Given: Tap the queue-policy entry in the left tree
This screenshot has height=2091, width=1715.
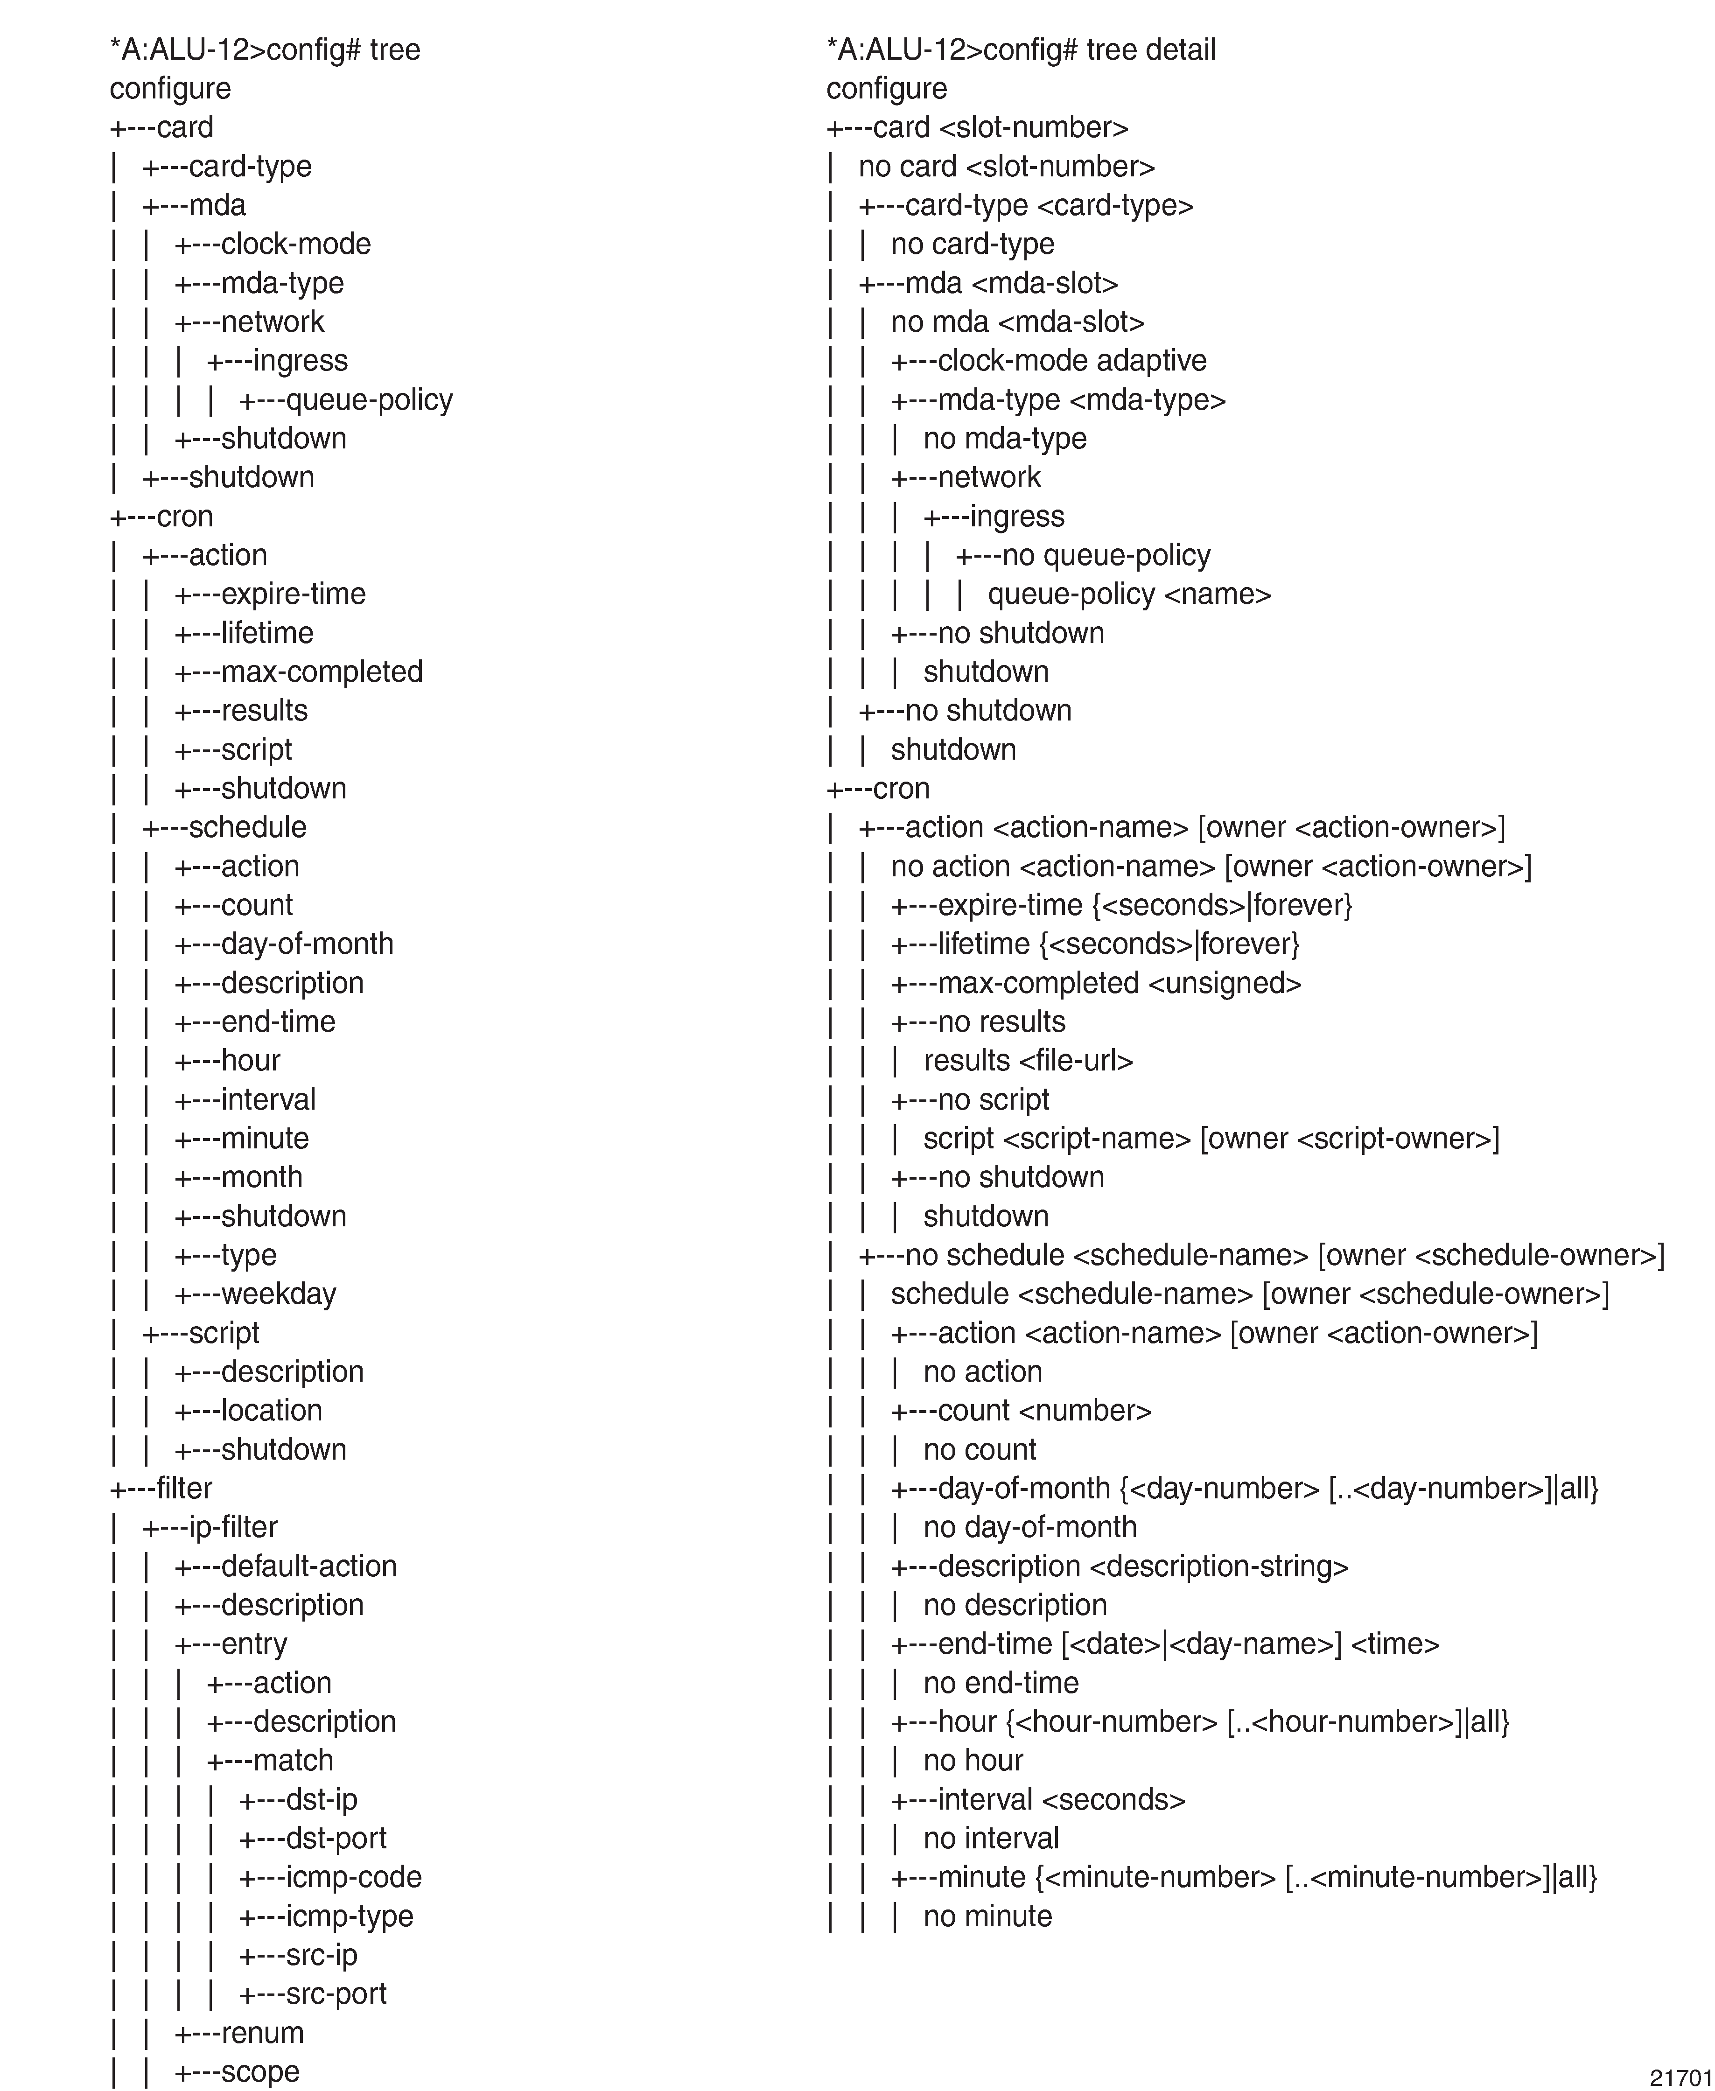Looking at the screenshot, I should click(369, 400).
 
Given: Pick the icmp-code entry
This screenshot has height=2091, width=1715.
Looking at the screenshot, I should click(353, 1877).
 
